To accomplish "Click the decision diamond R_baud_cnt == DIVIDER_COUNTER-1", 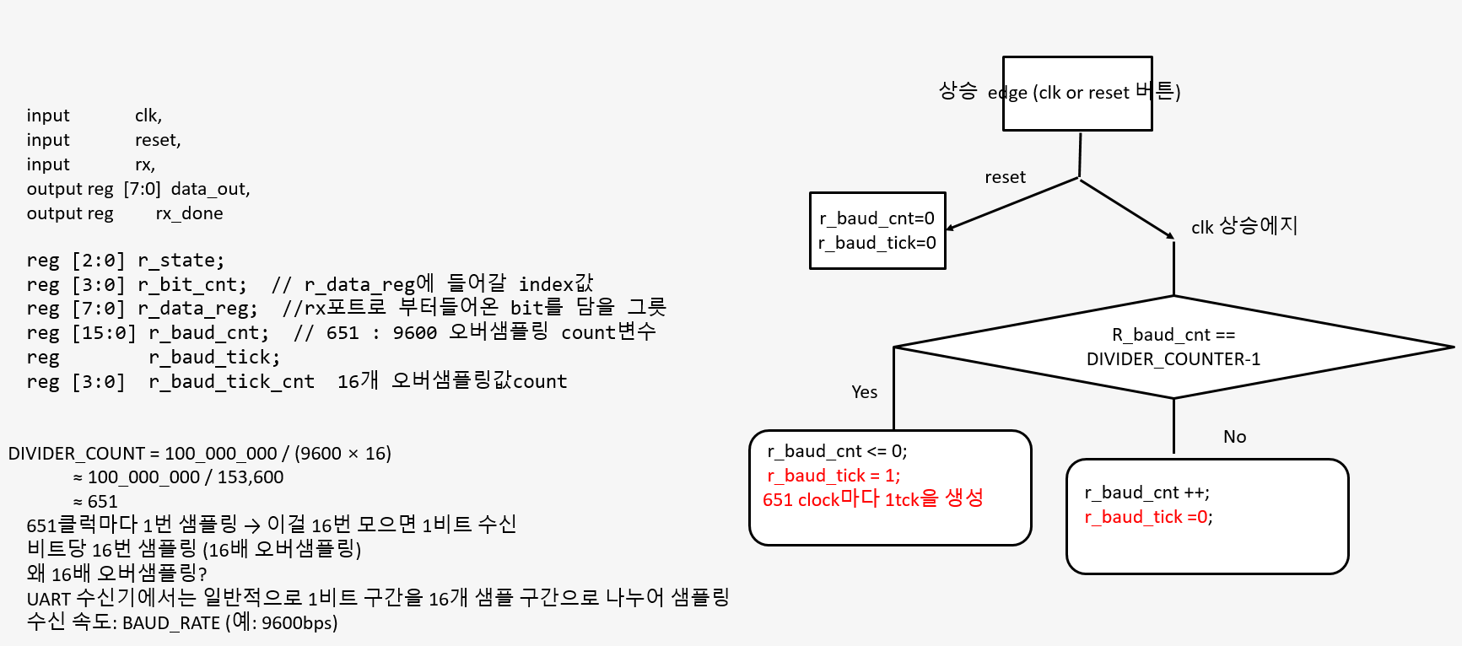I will [x=1173, y=347].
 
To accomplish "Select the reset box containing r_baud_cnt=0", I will [x=877, y=230].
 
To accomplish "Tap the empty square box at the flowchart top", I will [x=1077, y=94].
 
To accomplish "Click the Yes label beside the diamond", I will [x=864, y=392].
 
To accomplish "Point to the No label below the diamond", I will [x=1234, y=437].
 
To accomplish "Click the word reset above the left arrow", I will [x=1005, y=177].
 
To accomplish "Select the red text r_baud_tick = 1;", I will [x=834, y=476].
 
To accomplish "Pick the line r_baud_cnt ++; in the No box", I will [x=1146, y=493].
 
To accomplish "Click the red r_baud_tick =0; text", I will [x=1148, y=517].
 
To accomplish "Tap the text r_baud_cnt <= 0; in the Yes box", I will [x=837, y=451].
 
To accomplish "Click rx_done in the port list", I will [x=189, y=213].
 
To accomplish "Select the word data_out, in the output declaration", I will [x=210, y=189].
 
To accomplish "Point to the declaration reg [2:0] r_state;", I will [x=125, y=261].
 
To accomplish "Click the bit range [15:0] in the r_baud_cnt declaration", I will [x=103, y=333].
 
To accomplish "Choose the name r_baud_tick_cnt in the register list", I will [x=231, y=382].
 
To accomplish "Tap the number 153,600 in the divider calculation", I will [x=251, y=477].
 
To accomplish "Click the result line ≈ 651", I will [x=94, y=502].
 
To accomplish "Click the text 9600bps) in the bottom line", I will [x=299, y=623].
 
